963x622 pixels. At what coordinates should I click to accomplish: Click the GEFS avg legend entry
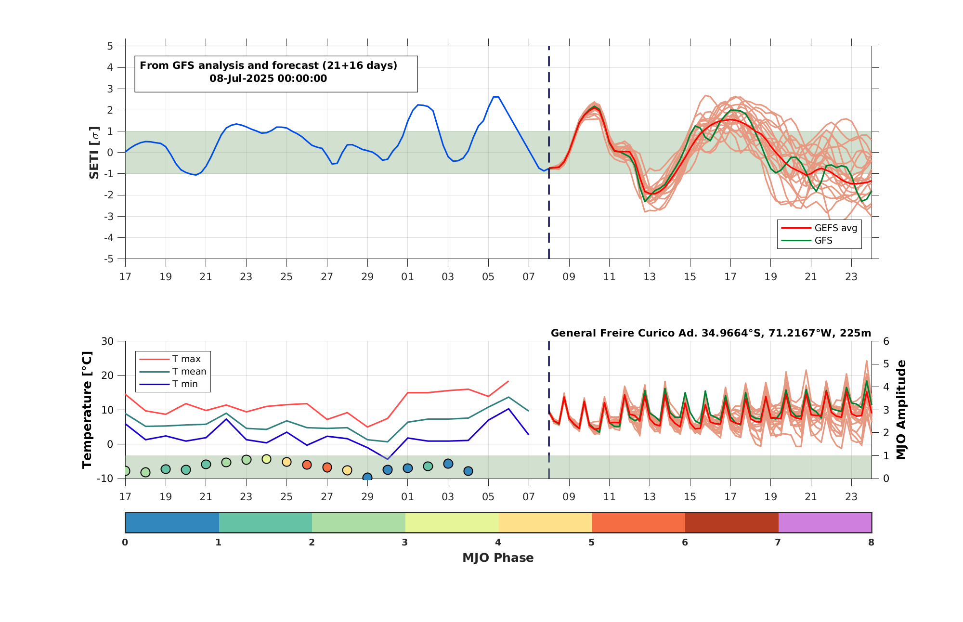pyautogui.click(x=819, y=228)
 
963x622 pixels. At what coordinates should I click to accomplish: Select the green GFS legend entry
pyautogui.click(x=807, y=241)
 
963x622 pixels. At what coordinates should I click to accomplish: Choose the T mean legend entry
pyautogui.click(x=173, y=372)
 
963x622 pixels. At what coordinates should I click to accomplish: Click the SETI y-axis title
pyautogui.click(x=94, y=153)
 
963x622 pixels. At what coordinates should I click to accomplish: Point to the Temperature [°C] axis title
pyautogui.click(x=87, y=410)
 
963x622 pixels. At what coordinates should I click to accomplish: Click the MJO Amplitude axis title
pyautogui.click(x=901, y=410)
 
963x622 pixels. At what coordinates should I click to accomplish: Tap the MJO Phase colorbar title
pyautogui.click(x=498, y=558)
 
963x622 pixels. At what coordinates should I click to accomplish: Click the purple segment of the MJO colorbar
pyautogui.click(x=825, y=522)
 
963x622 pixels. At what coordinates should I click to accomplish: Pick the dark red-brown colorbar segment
pyautogui.click(x=732, y=522)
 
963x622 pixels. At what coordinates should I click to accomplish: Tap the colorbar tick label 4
pyautogui.click(x=498, y=543)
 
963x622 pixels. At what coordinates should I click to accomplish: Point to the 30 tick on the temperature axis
pyautogui.click(x=107, y=341)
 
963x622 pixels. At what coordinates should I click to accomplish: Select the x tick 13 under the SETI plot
pyautogui.click(x=650, y=277)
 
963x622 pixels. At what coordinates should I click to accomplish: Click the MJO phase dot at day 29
pyautogui.click(x=367, y=477)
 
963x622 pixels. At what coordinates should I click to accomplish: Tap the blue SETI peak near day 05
pyautogui.click(x=496, y=97)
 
